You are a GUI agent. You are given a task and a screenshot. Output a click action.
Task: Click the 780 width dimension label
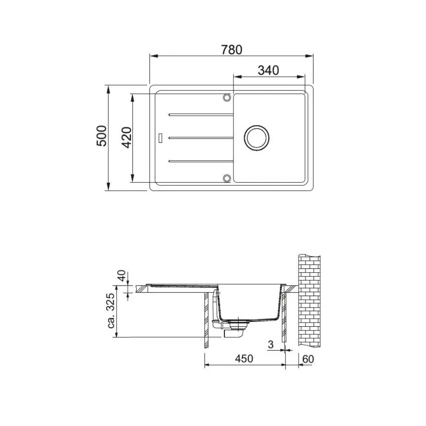(231, 50)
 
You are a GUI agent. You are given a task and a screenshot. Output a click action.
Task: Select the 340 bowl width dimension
(268, 70)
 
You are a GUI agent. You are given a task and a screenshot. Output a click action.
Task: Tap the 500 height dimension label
(102, 136)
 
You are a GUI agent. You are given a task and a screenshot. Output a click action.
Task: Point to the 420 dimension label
(127, 138)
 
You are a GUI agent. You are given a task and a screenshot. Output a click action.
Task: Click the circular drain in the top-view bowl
(257, 138)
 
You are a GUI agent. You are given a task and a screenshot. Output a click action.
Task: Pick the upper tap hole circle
(227, 98)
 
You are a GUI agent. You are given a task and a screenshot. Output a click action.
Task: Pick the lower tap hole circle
(227, 178)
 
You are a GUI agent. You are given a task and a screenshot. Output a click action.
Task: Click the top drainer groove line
(201, 115)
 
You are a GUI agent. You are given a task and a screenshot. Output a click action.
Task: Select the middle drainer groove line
(201, 138)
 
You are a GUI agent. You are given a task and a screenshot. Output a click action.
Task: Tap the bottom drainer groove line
(201, 161)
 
